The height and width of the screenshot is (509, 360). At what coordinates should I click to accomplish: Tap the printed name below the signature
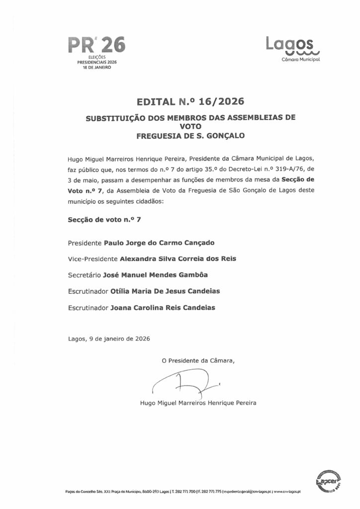(x=199, y=403)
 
